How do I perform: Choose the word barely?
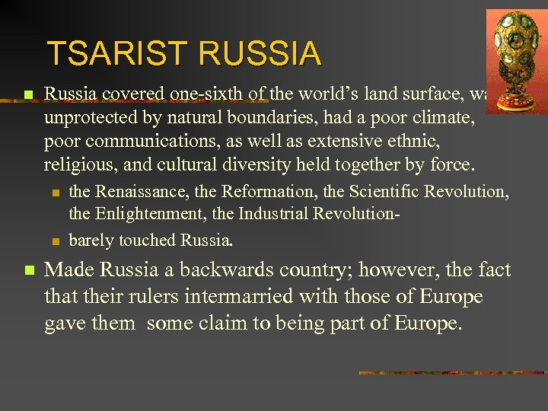91,241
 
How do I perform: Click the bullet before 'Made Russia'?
28,271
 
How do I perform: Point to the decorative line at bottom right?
452,373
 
